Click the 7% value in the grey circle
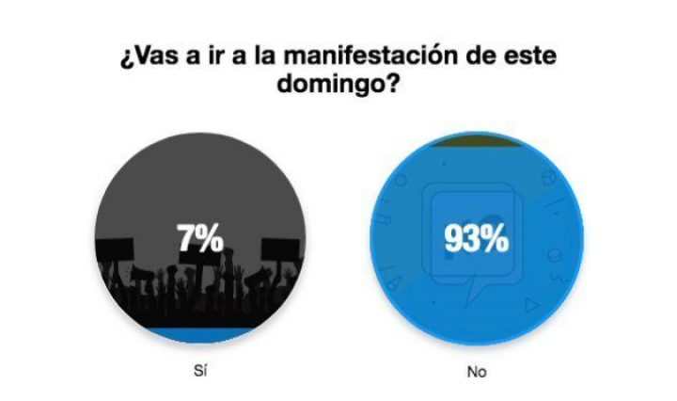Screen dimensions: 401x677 coord(200,239)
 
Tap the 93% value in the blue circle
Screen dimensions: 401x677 coord(476,239)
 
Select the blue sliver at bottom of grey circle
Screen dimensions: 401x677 coord(199,333)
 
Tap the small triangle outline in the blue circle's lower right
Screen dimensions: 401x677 coord(532,304)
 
